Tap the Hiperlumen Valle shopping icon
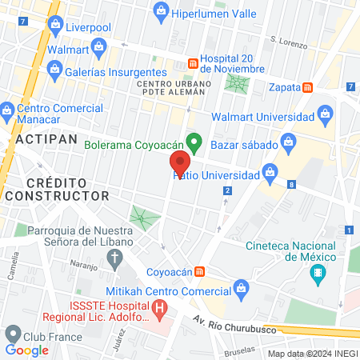(x=162, y=10)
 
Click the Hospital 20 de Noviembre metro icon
(x=192, y=62)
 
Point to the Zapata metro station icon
(x=308, y=87)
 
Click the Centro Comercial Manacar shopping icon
(x=7, y=109)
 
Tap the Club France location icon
(x=12, y=334)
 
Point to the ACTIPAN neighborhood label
(x=46, y=138)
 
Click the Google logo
(x=26, y=350)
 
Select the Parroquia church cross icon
(x=115, y=258)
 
